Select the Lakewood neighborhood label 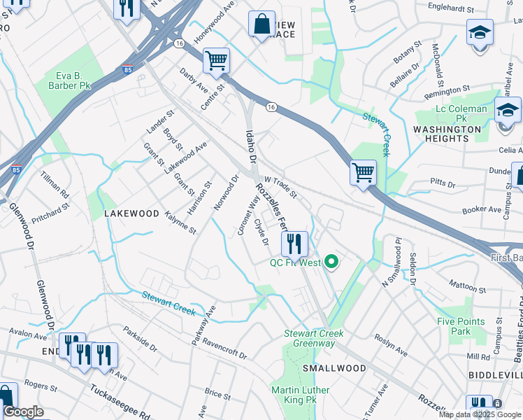tap(132, 213)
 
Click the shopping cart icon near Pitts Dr tap(363, 171)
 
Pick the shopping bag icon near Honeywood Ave tap(261, 24)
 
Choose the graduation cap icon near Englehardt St tap(480, 32)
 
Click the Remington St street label tap(450, 91)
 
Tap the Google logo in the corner tap(23, 412)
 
